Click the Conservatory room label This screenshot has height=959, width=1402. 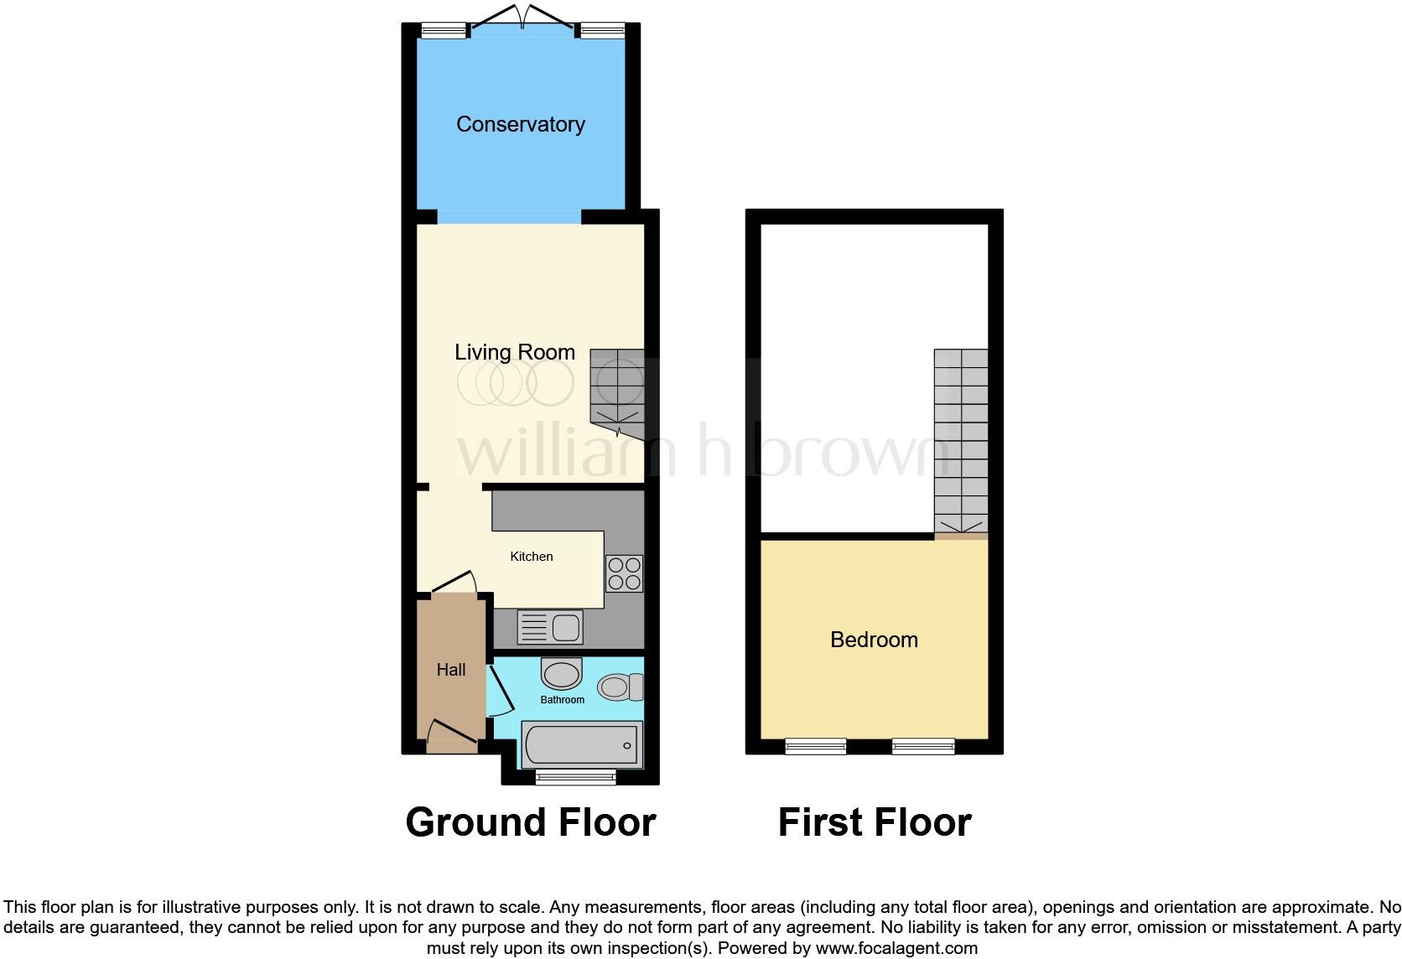[x=520, y=124]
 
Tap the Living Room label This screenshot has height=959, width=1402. [x=515, y=352]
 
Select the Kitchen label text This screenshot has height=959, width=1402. [x=532, y=557]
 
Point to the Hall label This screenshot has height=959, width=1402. [x=451, y=670]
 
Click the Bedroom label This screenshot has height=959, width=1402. [x=874, y=640]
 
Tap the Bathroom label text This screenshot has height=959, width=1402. [x=562, y=700]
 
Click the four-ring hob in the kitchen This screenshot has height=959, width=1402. [x=624, y=574]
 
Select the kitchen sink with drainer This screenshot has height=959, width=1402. [x=550, y=627]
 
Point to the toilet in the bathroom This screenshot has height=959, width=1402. [x=619, y=688]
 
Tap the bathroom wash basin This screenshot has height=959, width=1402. [x=562, y=673]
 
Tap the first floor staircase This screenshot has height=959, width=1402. [x=961, y=440]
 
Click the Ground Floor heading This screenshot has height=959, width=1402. [x=530, y=822]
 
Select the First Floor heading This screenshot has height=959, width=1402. [x=874, y=822]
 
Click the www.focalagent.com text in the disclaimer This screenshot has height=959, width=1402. [x=896, y=949]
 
